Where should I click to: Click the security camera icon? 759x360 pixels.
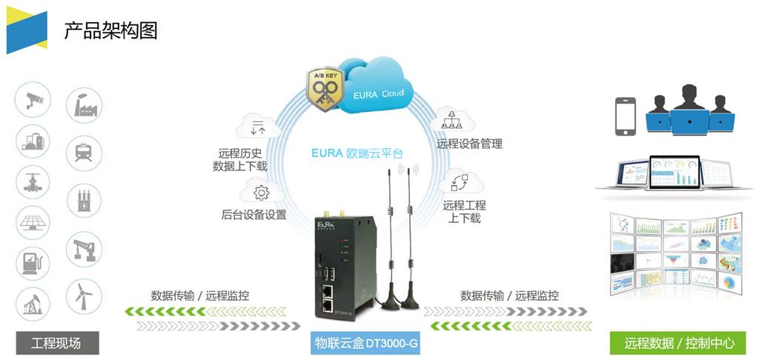(33, 100)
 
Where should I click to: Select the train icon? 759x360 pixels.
(83, 152)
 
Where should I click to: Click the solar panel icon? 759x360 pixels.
(33, 221)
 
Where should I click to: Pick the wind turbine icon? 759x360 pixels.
(83, 296)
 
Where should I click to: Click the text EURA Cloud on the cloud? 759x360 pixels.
(378, 95)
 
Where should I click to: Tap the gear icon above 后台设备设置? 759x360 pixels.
(261, 193)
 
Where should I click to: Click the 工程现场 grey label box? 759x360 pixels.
(56, 343)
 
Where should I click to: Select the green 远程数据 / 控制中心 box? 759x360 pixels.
(680, 343)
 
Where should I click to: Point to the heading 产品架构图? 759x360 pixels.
(110, 30)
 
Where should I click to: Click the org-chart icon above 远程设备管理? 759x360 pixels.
(448, 119)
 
